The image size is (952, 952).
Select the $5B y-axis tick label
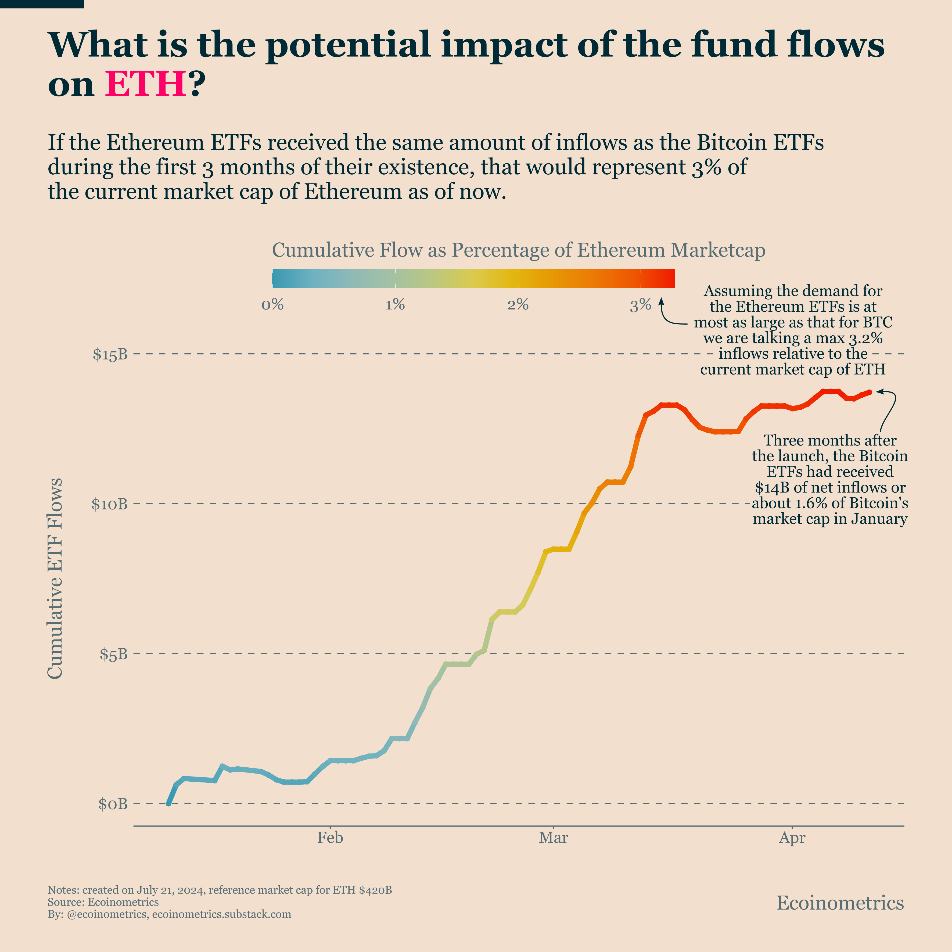pos(113,654)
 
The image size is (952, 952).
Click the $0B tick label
pos(113,804)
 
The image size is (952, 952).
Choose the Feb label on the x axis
pos(330,838)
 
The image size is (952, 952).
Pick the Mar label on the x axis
pos(553,838)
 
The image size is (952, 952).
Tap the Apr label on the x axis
pos(792,838)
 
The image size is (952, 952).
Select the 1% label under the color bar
pos(395,305)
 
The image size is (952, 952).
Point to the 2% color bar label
pos(518,305)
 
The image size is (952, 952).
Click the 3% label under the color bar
pos(641,305)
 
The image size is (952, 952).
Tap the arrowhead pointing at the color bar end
pos(661,300)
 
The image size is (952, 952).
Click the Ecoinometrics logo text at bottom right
pos(840,903)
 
